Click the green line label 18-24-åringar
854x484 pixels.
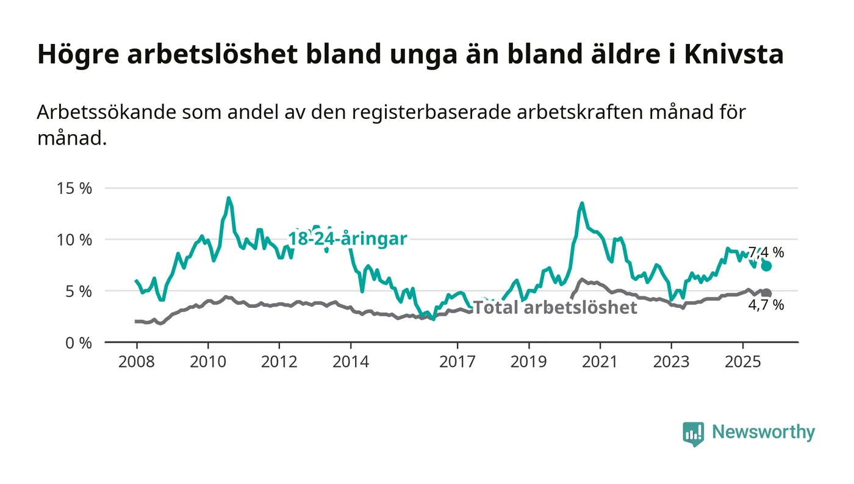[x=347, y=239]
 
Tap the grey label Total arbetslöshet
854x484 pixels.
[x=555, y=307]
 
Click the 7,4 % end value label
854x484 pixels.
[x=766, y=252]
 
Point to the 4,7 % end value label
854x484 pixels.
[x=766, y=305]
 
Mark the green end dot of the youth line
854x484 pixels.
[x=767, y=266]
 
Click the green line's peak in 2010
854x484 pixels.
[x=229, y=198]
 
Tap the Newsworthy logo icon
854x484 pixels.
[x=693, y=433]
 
